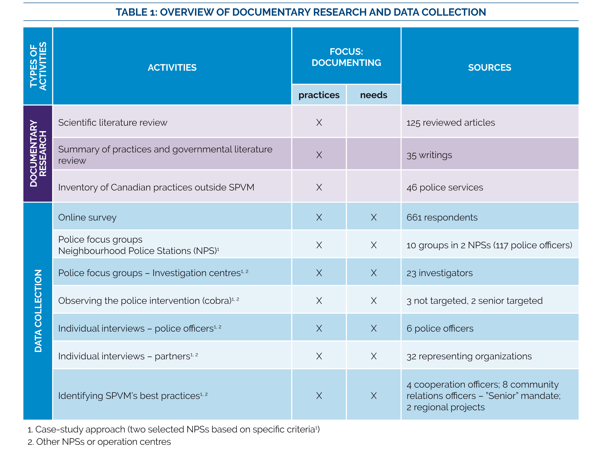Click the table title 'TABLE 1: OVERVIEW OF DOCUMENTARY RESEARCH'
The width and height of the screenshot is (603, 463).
[301, 12]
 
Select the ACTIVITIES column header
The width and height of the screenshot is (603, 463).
[172, 68]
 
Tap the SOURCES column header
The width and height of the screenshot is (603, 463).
[489, 68]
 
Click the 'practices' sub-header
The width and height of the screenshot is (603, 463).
[319, 95]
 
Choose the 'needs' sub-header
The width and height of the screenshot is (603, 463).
[373, 95]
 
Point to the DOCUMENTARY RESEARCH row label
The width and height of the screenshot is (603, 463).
[38, 153]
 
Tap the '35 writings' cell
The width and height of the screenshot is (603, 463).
[429, 155]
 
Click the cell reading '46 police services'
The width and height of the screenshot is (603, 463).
[444, 187]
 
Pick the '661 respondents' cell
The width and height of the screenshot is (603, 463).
[442, 217]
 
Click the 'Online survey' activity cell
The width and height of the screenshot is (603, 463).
[87, 217]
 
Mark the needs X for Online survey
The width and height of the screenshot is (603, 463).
[373, 217]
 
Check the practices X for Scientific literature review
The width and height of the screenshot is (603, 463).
[319, 123]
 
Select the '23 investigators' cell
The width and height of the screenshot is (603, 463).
[439, 273]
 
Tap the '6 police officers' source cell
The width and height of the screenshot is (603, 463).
[440, 328]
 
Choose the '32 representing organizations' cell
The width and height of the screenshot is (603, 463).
[469, 356]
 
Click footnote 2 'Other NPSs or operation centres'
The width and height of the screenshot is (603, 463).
[99, 442]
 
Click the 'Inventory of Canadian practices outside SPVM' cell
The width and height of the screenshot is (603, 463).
[156, 187]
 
